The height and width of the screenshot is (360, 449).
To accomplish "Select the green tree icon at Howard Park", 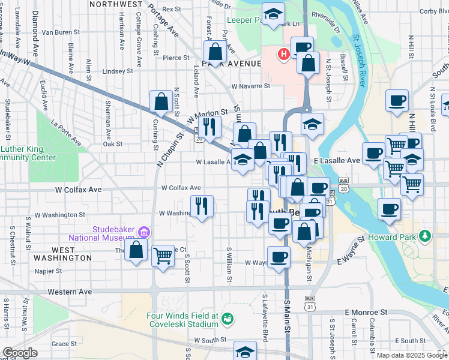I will (426, 235).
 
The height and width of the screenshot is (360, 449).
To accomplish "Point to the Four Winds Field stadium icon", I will (228, 319).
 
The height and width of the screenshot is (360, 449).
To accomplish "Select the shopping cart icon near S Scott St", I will (163, 256).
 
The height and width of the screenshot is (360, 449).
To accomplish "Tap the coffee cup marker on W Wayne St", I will (278, 257).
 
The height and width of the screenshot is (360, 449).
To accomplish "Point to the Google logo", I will (20, 353).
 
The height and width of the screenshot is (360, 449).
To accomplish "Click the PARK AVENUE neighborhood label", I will (232, 63).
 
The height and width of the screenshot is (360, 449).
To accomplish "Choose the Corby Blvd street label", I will (434, 11).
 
